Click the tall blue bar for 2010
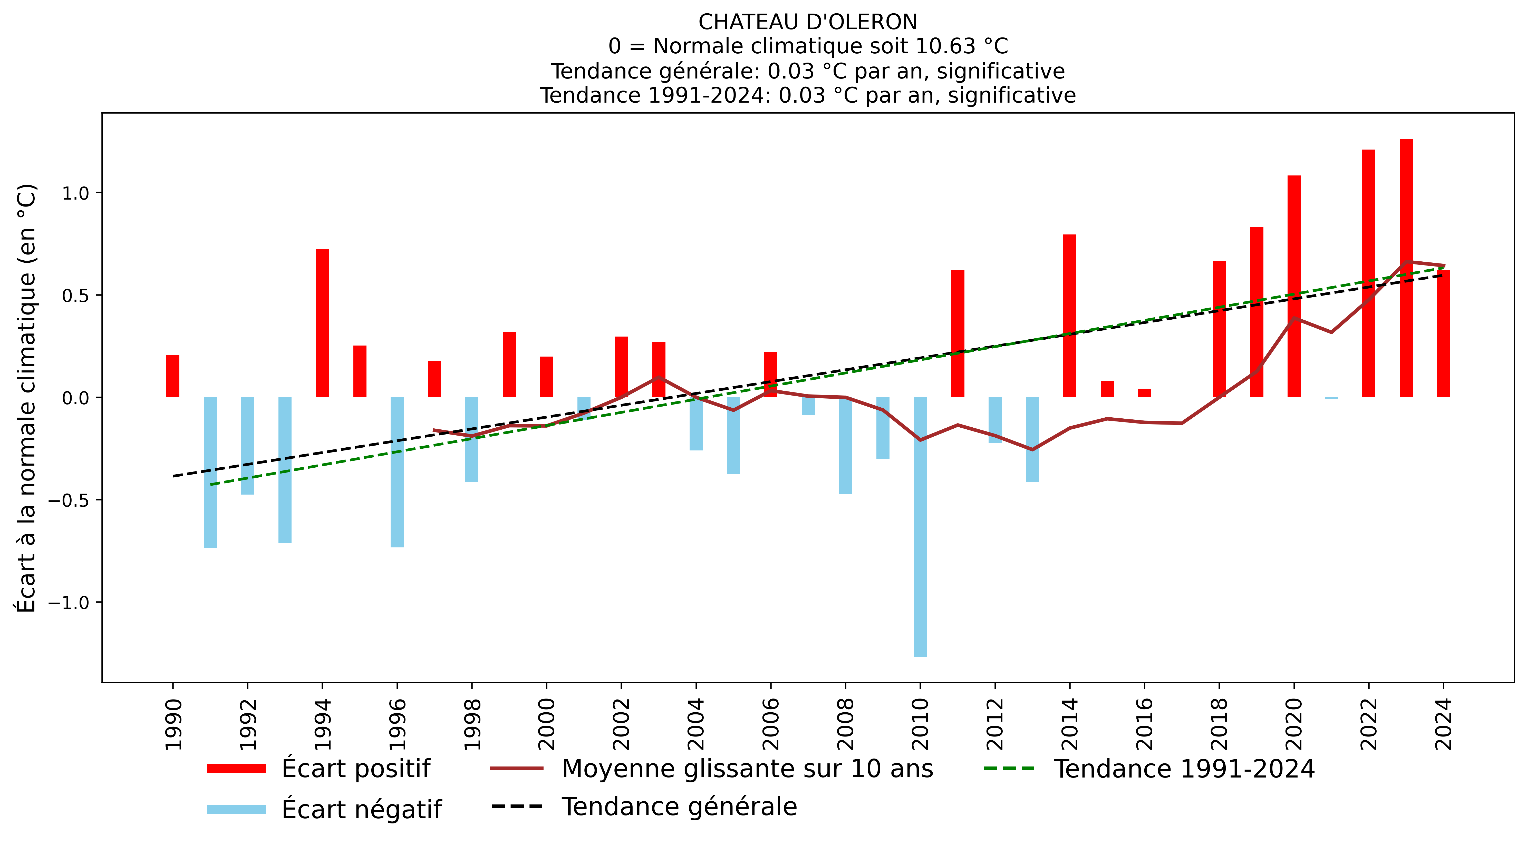[x=920, y=527]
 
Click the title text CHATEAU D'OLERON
[x=807, y=22]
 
